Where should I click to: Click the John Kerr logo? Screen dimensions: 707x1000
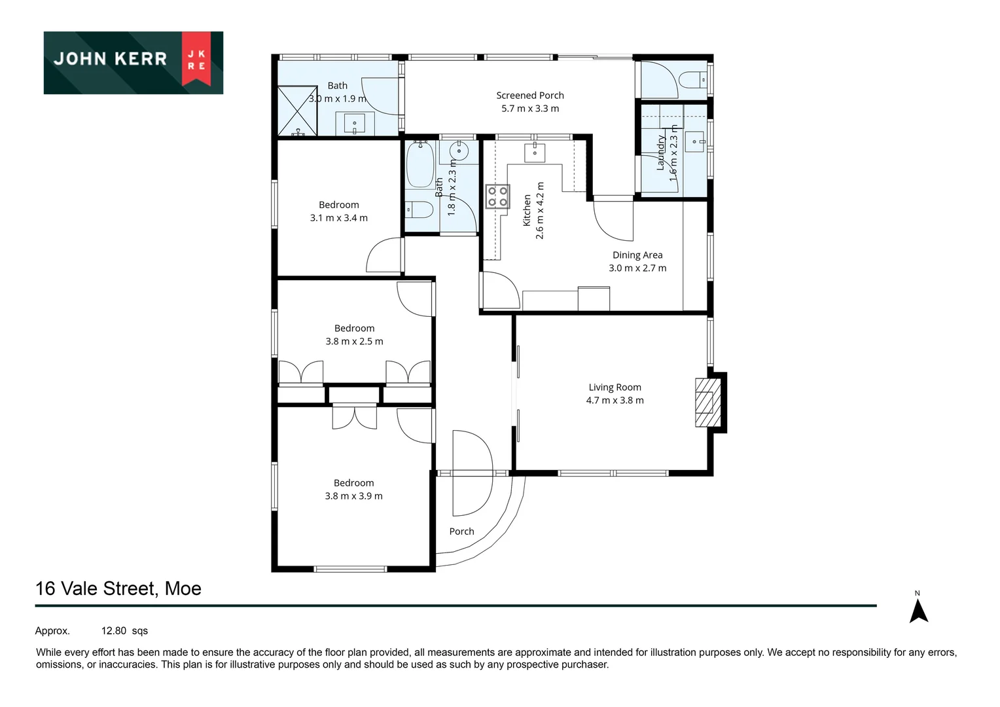[134, 62]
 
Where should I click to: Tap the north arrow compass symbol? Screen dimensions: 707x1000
[919, 610]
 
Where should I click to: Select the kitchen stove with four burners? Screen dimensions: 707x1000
[497, 197]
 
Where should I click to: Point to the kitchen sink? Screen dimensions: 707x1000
[535, 151]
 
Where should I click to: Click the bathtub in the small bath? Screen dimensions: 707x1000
[420, 165]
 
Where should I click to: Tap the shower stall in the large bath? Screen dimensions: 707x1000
[298, 111]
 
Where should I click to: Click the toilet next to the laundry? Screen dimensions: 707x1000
[692, 81]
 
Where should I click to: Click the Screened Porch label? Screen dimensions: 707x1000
[530, 96]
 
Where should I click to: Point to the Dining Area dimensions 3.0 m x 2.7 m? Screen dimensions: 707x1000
[637, 268]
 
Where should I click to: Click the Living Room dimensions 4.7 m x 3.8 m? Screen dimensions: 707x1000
[615, 401]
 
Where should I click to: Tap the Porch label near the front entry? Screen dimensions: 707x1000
[461, 532]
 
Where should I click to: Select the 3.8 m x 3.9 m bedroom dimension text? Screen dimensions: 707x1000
[353, 496]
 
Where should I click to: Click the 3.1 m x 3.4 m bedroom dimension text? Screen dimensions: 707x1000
[338, 218]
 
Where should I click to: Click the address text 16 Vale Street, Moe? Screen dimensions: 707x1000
[118, 589]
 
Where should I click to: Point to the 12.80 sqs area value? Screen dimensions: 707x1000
[124, 631]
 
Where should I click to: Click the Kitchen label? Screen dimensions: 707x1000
[527, 210]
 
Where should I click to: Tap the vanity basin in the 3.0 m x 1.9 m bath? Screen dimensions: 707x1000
[355, 123]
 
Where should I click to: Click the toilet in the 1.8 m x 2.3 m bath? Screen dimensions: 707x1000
[420, 210]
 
